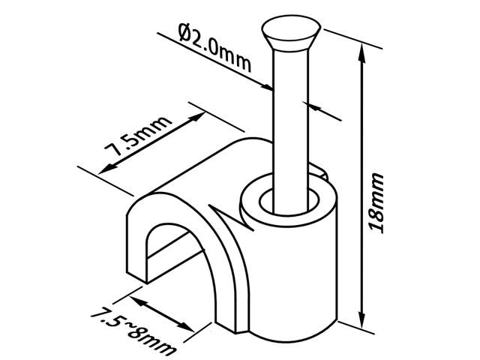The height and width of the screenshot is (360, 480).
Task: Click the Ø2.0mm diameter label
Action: click(215, 48)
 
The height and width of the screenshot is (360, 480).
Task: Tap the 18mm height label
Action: click(376, 203)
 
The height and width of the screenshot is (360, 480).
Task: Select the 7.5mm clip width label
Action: click(138, 136)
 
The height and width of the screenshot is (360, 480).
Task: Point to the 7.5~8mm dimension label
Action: click(133, 330)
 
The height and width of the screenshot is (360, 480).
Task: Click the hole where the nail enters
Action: click(289, 201)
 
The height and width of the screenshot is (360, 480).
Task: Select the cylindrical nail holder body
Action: click(289, 260)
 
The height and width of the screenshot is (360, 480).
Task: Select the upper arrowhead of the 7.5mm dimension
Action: click(197, 117)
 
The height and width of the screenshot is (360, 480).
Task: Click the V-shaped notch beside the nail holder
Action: click(228, 216)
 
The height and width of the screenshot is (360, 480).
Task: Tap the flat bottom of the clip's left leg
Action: click(136, 277)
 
